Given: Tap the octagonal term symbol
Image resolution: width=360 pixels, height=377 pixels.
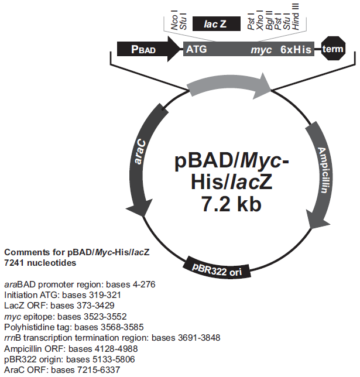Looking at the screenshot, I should point(334,50).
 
